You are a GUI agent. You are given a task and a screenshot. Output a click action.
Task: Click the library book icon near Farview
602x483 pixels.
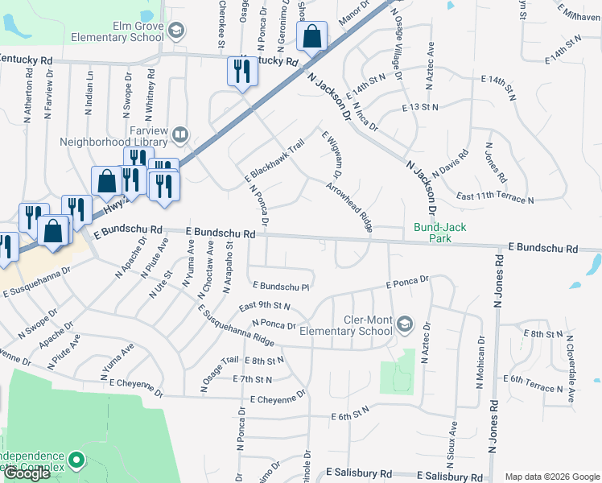coord(181,134)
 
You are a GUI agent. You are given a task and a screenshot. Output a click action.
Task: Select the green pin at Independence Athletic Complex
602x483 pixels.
coord(76,460)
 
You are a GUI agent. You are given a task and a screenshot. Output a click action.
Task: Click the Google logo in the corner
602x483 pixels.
coord(27,473)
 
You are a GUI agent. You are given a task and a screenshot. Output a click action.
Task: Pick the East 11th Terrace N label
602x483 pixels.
coord(494,198)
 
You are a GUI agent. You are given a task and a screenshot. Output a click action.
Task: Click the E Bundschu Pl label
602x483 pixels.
coord(281,286)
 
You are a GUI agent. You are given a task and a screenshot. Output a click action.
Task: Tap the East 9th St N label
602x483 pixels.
coord(264,306)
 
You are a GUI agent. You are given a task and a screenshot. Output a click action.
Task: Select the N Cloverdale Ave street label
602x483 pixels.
coord(572,361)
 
